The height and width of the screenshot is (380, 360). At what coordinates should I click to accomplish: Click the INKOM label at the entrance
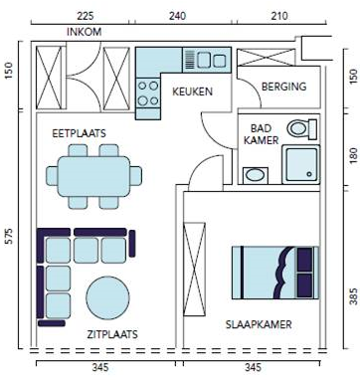(x=85, y=32)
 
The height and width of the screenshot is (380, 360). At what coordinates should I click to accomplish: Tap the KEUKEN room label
(x=192, y=92)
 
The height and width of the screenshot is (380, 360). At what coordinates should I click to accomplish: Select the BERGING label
(x=283, y=87)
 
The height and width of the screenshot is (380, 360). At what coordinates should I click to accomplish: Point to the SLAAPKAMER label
(x=259, y=324)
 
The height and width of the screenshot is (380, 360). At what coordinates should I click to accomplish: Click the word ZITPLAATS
(x=112, y=334)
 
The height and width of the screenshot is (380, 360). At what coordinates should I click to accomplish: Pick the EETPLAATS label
(x=79, y=133)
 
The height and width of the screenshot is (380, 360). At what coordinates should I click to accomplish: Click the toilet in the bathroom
(x=302, y=129)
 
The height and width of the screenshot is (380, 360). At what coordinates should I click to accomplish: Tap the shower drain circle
(x=309, y=174)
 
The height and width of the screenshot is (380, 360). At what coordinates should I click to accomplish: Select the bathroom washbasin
(x=256, y=175)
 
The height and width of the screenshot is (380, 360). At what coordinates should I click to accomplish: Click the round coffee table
(x=107, y=297)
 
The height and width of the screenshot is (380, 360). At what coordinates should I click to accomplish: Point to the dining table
(x=94, y=176)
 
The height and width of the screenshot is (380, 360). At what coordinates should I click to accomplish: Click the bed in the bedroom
(x=275, y=273)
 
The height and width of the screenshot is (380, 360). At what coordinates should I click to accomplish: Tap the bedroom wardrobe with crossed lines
(x=194, y=270)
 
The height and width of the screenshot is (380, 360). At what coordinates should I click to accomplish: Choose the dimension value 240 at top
(x=177, y=16)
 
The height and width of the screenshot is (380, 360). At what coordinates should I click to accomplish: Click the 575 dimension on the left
(x=10, y=236)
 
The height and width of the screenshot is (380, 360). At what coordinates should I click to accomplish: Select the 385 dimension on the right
(x=354, y=296)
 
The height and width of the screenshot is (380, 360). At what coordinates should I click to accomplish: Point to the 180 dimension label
(x=354, y=155)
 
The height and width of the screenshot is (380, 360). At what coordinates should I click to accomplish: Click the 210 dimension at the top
(x=279, y=16)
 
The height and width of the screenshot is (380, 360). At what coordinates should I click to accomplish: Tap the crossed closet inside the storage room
(x=266, y=57)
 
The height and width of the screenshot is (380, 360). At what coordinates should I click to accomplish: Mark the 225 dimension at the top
(x=86, y=16)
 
